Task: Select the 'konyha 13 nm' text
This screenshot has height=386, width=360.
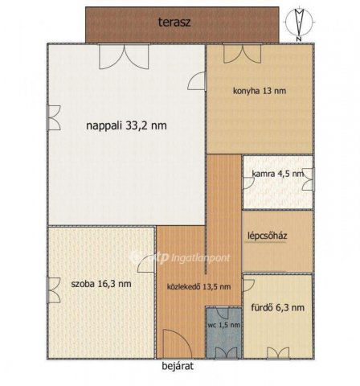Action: pos(259,91)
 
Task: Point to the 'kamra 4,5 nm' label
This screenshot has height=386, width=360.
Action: pos(277,174)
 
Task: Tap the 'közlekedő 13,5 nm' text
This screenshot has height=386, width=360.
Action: pos(198,287)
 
